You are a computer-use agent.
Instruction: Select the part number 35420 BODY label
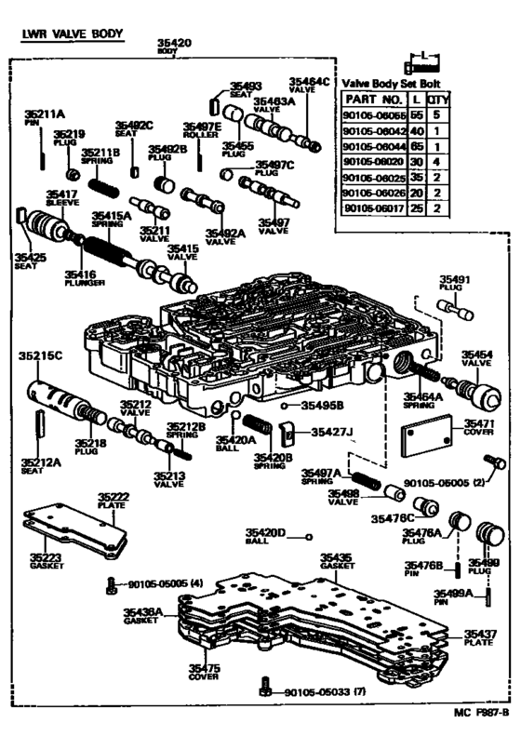tap(173, 47)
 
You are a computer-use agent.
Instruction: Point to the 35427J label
tap(331, 432)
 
